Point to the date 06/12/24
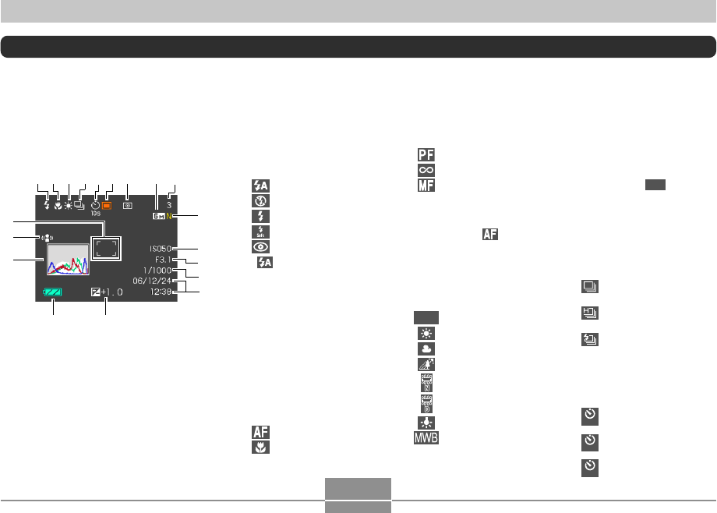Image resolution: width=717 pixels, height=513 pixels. (x=157, y=280)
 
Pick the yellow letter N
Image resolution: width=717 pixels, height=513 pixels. (x=168, y=216)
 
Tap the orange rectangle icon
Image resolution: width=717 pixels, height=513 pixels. (x=108, y=207)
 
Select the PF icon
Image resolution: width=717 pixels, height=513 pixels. (x=426, y=154)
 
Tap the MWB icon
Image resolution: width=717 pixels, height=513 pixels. (x=426, y=437)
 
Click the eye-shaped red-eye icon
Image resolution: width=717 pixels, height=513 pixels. (x=260, y=246)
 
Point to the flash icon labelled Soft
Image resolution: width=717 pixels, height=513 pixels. (x=260, y=231)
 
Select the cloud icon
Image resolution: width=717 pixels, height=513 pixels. (x=426, y=348)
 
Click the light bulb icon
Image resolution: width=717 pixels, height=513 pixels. (x=426, y=422)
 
